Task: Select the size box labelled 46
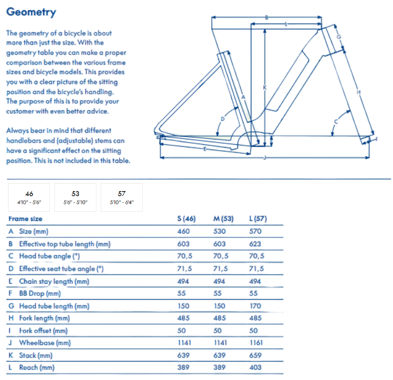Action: (x=29, y=197)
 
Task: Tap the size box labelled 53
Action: (x=75, y=197)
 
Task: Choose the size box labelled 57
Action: (x=121, y=197)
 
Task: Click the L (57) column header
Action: (x=258, y=219)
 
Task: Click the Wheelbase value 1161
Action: (x=257, y=343)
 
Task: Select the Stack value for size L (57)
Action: (x=256, y=355)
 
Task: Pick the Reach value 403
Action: (x=256, y=367)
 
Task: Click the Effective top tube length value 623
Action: (x=256, y=244)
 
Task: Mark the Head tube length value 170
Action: (x=256, y=306)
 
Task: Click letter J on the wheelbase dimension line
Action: (x=264, y=158)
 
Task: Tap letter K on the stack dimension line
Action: (x=264, y=87)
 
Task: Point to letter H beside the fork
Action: (x=358, y=92)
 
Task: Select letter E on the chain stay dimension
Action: (x=204, y=148)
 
